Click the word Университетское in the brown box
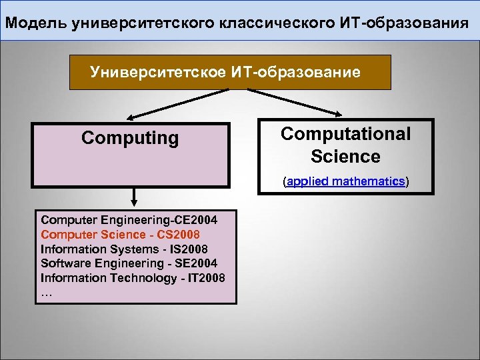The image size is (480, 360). tap(157, 72)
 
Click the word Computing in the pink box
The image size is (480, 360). tap(130, 138)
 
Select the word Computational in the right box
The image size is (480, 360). tap(345, 133)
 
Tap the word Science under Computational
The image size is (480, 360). tap(345, 157)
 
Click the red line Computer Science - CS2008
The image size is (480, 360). tap(120, 234)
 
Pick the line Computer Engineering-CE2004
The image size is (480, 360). tap(129, 219)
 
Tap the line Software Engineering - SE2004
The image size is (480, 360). tap(129, 263)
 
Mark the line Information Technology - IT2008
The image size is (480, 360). tap(133, 277)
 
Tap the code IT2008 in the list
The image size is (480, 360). tap(207, 277)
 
